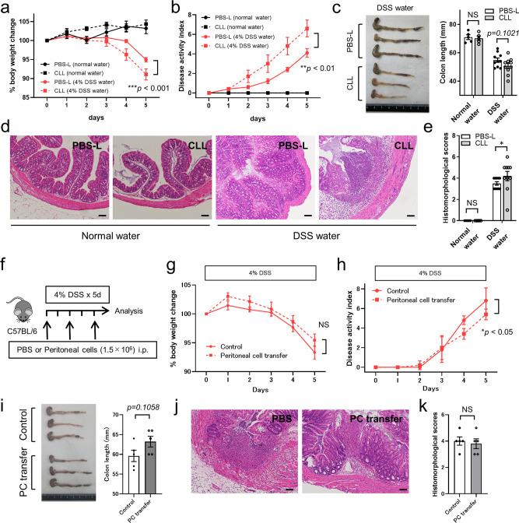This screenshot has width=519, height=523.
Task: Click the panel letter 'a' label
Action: click(x=6, y=7)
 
